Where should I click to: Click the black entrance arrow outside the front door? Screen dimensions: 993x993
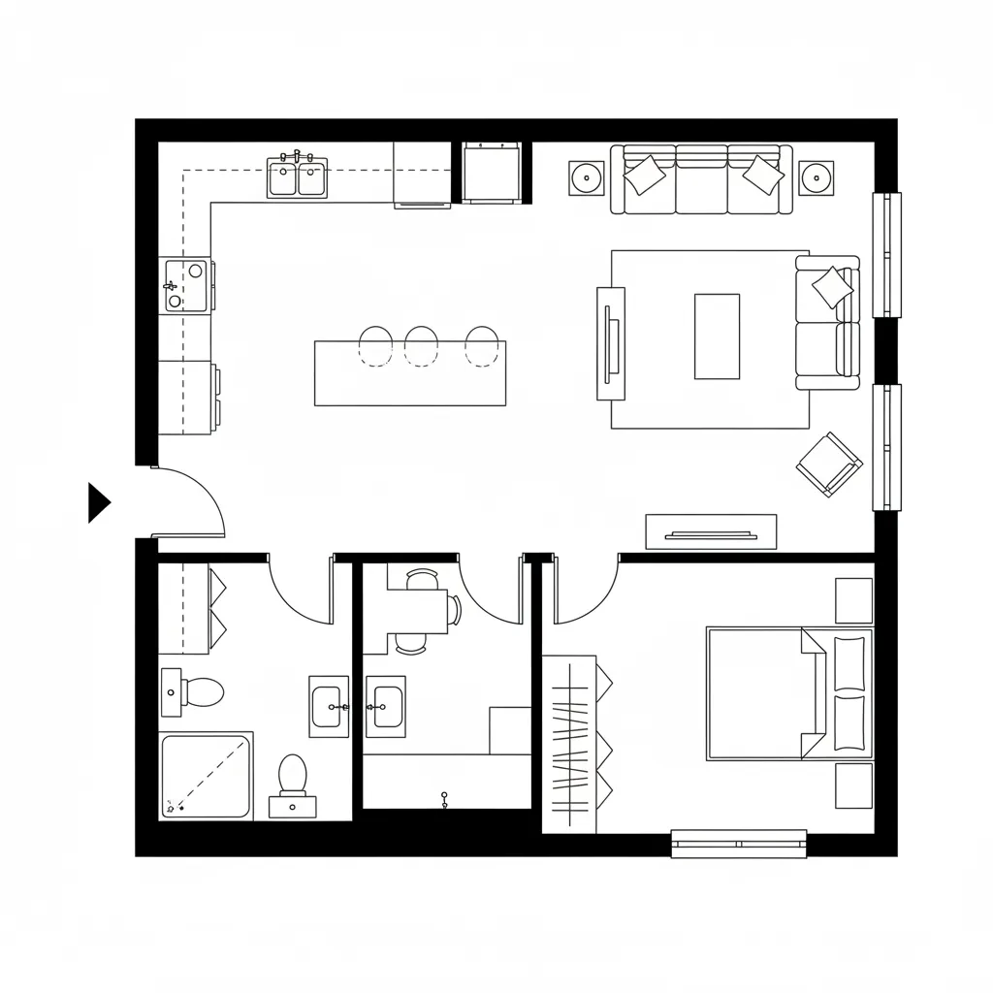tap(97, 502)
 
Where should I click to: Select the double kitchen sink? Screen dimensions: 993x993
tap(298, 178)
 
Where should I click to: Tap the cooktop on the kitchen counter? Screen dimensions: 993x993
tap(187, 285)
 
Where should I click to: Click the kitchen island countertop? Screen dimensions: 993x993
tap(409, 383)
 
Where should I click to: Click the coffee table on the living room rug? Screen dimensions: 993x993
tap(717, 336)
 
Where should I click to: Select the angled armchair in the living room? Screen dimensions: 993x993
tap(829, 464)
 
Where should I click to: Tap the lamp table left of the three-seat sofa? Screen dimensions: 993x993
tap(586, 177)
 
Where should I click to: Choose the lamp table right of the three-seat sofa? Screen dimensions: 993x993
tap(817, 177)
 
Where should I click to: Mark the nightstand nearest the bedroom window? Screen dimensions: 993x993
tap(853, 785)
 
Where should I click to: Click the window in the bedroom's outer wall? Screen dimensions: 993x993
tap(739, 843)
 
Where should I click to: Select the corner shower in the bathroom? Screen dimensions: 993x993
tap(207, 776)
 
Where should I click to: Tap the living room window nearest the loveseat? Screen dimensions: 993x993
tap(886, 255)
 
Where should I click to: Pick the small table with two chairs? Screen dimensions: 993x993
tap(419, 611)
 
